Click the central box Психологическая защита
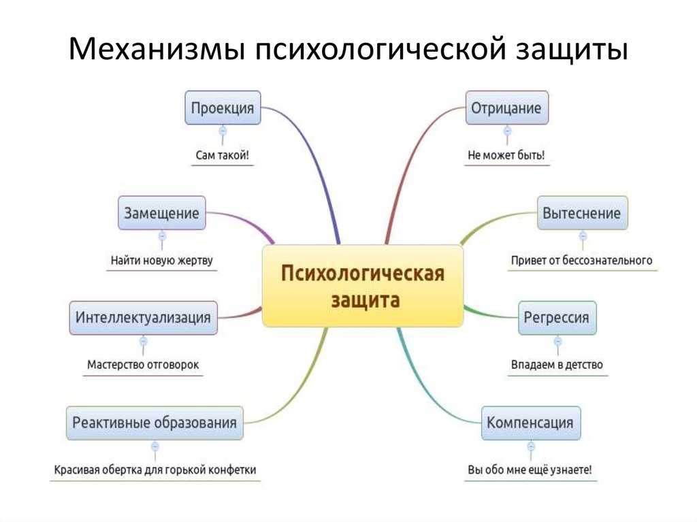click(363, 287)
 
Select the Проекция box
click(223, 108)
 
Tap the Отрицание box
click(506, 108)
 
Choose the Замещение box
click(162, 213)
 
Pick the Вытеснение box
click(583, 213)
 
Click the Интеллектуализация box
click(143, 317)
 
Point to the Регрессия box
click(557, 317)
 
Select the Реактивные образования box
click(155, 423)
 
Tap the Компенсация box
click(531, 423)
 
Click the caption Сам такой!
click(223, 155)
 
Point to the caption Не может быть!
click(506, 155)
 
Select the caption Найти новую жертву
click(162, 260)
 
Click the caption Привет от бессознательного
click(582, 260)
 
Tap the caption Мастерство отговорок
click(143, 365)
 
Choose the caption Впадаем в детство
click(557, 365)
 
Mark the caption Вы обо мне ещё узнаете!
click(530, 470)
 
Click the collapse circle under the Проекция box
click(223, 131)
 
